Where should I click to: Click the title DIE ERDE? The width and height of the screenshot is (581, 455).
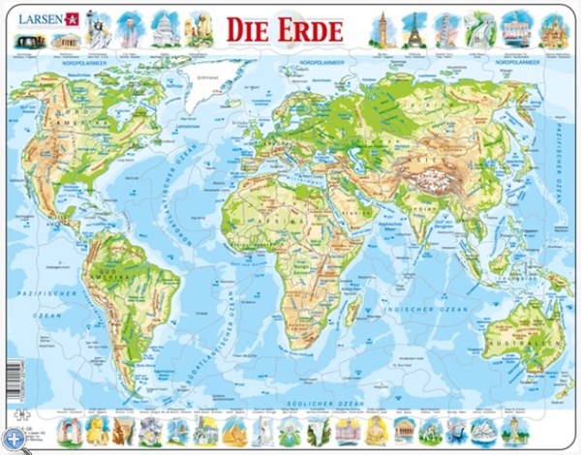[285, 30]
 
